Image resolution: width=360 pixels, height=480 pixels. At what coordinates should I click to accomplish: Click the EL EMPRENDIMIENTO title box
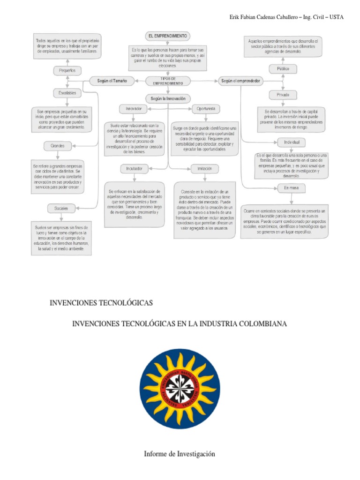(167, 36)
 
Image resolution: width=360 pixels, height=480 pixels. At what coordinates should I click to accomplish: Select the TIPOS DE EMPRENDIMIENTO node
(167, 81)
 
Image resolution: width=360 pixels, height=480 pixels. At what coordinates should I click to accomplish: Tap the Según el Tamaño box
(112, 81)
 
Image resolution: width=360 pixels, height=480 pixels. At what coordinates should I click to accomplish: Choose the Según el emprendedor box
(241, 81)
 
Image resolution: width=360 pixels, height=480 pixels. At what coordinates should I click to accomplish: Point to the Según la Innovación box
(168, 98)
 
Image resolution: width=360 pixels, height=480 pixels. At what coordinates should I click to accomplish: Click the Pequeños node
(67, 70)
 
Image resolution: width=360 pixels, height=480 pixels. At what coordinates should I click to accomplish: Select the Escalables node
(67, 93)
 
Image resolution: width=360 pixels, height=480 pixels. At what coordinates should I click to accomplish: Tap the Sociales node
(61, 208)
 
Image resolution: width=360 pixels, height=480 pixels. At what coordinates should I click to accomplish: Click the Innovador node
(133, 109)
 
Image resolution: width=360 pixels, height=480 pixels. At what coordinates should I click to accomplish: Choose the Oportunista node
(206, 109)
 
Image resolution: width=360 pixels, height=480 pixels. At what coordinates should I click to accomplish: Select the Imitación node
(204, 168)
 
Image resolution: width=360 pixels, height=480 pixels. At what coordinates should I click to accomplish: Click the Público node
(283, 69)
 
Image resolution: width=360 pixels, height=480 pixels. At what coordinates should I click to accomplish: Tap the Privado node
(283, 95)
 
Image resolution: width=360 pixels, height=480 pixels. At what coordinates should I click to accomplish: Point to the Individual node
(291, 142)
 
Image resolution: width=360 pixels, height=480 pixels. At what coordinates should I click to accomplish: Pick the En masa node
(291, 187)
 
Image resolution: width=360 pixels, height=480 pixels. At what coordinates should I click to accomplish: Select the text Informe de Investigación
(180, 454)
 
